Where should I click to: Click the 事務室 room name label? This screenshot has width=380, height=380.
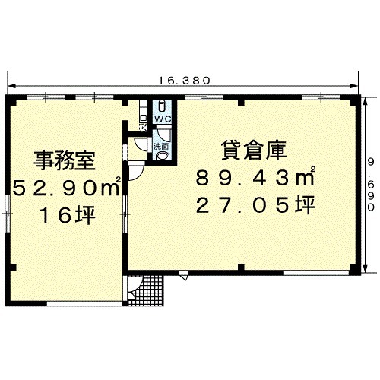[65, 160]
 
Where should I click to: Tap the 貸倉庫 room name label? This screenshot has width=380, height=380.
[254, 150]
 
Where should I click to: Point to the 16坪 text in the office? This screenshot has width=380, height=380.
[68, 215]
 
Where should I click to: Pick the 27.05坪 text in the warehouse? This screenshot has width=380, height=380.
[255, 204]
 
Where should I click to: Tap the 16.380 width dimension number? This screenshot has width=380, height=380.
[185, 81]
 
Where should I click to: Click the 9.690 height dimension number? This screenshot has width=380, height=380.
[371, 185]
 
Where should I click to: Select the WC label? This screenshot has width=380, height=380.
[163, 119]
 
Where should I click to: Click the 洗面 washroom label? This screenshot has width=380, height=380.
[161, 146]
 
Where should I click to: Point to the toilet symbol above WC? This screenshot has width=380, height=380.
[162, 106]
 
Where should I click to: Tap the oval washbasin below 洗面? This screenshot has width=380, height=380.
[162, 156]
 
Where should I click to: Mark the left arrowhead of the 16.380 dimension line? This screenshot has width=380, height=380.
[12, 86]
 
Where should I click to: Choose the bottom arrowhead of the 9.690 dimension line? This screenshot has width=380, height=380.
[365, 269]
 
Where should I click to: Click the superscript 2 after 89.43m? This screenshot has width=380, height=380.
[313, 169]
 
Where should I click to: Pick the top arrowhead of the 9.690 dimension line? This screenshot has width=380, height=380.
[365, 102]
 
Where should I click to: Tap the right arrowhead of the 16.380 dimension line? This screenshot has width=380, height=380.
[354, 86]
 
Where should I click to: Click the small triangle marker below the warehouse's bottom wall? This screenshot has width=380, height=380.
[184, 277]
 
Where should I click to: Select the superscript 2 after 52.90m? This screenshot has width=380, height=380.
[118, 179]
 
